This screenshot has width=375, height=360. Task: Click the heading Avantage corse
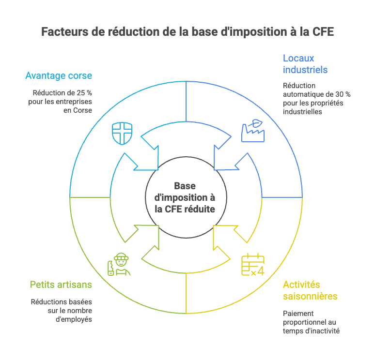point(59,76)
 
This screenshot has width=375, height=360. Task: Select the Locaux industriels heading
point(305,64)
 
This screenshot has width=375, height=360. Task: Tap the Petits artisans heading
point(61,285)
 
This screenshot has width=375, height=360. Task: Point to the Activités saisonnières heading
point(310,290)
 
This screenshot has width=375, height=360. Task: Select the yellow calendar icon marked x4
point(252,265)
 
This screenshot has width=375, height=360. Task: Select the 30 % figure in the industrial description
point(342,94)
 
